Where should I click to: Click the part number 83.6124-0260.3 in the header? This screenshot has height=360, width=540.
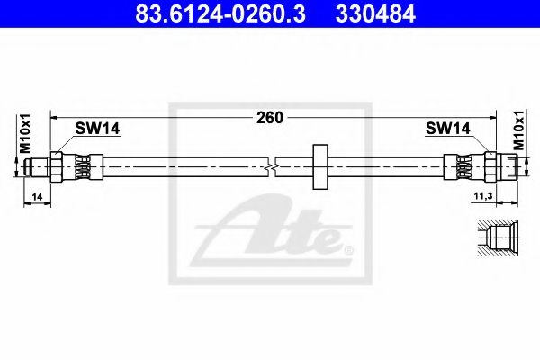coord(220,14)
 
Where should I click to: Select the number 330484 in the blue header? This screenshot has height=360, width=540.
coord(375,14)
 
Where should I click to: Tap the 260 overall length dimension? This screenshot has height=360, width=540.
coord(270,118)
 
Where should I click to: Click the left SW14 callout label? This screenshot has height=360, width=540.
coord(97,129)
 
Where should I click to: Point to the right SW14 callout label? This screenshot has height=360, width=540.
coord(447,129)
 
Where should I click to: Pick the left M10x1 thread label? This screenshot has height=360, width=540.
coord(25,133)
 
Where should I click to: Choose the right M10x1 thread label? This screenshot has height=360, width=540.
coord(518,130)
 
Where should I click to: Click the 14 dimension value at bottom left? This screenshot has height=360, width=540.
coord(37,197)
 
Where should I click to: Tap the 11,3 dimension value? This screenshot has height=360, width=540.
coord(483,196)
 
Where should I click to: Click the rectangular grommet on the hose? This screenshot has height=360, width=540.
coord(320,167)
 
